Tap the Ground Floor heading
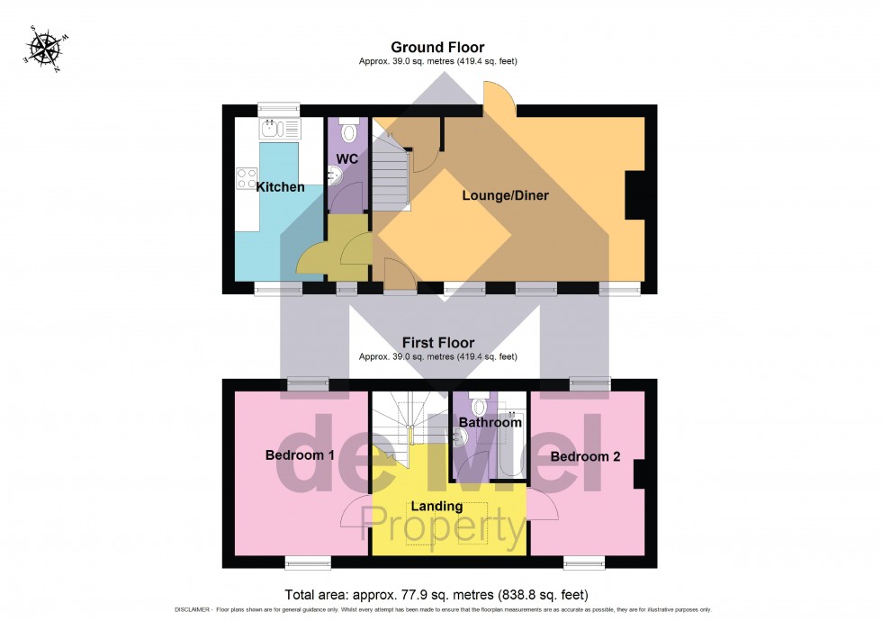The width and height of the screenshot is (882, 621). click(437, 47)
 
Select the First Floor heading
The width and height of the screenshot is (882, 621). click(437, 343)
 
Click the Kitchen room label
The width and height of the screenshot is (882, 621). click(280, 187)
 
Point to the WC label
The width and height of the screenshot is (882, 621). click(347, 159)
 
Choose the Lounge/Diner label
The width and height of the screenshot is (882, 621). click(505, 195)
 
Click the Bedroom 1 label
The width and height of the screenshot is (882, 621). click(300, 455)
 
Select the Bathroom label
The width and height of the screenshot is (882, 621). click(490, 422)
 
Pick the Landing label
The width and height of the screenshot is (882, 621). click(436, 506)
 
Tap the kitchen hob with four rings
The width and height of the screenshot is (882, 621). click(247, 178)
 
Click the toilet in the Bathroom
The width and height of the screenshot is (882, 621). click(479, 406)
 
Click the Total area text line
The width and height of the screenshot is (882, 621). click(436, 595)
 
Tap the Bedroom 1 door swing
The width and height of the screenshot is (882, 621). click(354, 512)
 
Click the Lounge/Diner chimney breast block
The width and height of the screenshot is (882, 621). click(634, 195)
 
